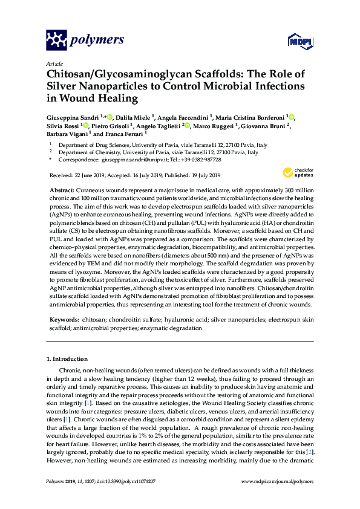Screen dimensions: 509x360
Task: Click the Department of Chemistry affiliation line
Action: tap(158, 153)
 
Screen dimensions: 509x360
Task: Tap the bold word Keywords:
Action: tap(64, 318)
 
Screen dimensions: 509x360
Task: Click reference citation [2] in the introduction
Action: tap(309, 452)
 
